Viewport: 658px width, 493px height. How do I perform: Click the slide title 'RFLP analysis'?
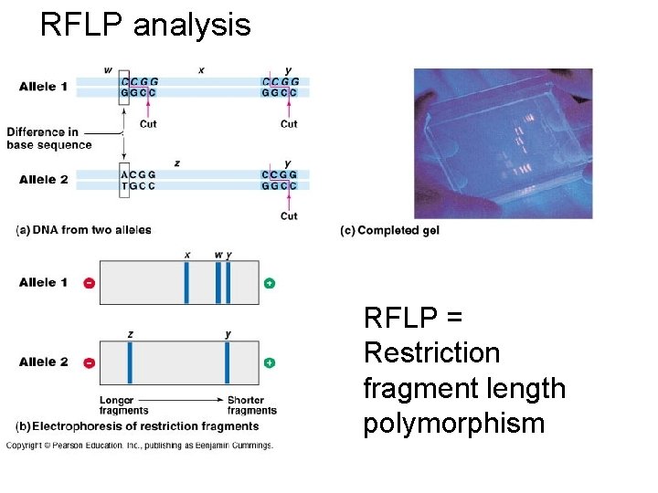145,25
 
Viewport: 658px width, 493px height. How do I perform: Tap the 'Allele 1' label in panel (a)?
43,87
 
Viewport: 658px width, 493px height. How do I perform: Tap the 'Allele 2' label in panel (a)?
43,180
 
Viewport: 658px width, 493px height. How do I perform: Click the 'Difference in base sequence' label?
48,139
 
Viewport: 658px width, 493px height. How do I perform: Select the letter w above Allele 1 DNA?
109,70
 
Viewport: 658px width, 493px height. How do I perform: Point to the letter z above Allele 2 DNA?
177,163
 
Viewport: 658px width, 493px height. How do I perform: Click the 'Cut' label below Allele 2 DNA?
289,216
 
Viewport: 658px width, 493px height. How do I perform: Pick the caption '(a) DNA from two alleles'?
84,230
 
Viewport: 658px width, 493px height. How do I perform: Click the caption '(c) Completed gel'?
389,231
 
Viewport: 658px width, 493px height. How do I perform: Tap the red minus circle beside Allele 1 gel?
89,283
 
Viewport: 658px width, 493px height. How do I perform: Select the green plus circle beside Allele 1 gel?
270,283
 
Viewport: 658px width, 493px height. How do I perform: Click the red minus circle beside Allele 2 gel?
89,362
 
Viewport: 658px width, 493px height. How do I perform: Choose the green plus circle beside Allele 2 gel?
270,362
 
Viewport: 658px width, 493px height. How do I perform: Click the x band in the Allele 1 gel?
186,283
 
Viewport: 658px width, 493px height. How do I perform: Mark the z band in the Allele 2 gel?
131,362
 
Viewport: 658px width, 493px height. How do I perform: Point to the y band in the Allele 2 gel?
228,362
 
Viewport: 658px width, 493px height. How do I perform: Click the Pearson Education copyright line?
140,446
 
